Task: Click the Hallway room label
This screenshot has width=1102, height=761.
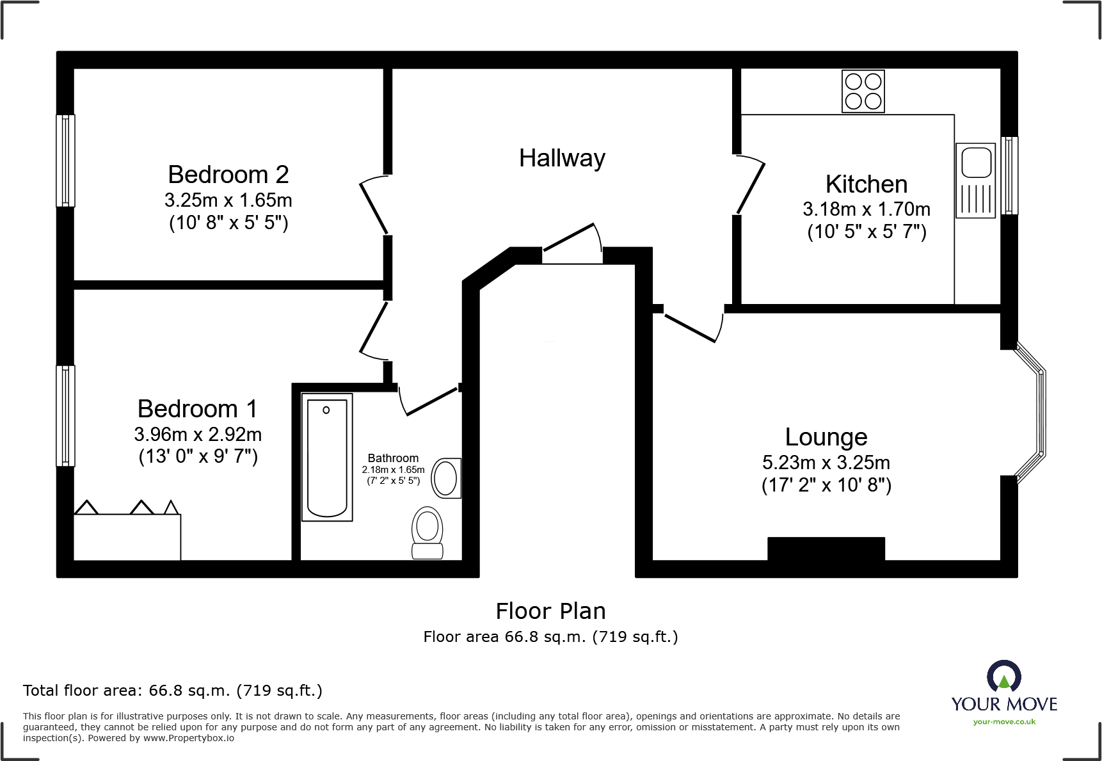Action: (x=562, y=158)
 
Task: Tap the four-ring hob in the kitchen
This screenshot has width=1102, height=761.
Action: (x=863, y=92)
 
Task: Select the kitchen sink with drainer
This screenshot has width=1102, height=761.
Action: (x=975, y=180)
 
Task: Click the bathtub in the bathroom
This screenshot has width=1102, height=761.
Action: (x=327, y=457)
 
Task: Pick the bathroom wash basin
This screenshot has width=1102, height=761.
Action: (x=446, y=478)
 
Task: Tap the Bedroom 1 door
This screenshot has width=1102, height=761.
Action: (x=374, y=328)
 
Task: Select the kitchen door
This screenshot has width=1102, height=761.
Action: (x=750, y=186)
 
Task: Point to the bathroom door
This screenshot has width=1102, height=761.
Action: (x=429, y=401)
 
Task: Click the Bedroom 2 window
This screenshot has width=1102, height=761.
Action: (x=65, y=161)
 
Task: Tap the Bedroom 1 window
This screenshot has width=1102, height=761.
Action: (x=65, y=415)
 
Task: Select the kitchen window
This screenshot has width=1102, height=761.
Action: (x=1009, y=175)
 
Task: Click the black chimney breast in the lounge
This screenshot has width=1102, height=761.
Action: (x=826, y=549)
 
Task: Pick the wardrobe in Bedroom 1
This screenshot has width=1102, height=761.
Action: (x=127, y=536)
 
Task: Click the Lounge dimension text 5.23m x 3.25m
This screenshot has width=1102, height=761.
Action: (x=826, y=462)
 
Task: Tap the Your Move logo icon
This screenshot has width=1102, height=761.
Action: (x=1003, y=677)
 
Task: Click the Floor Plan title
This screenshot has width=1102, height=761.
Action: (x=550, y=611)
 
